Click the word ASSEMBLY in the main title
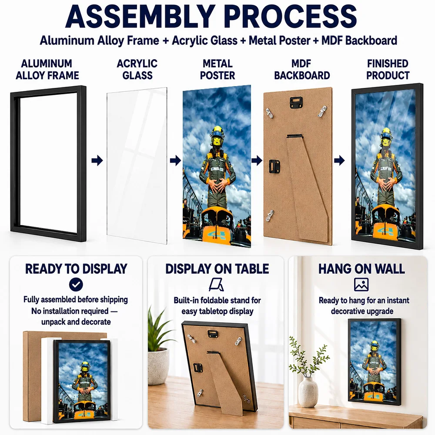[141, 16]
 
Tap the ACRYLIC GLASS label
[137, 69]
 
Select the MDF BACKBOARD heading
[302, 69]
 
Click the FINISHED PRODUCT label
[388, 69]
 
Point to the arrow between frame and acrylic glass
[97, 161]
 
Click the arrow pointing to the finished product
[339, 161]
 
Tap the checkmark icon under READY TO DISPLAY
[76, 284]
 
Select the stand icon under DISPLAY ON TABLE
[216, 284]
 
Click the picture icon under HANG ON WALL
[361, 284]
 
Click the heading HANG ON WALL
[361, 268]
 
